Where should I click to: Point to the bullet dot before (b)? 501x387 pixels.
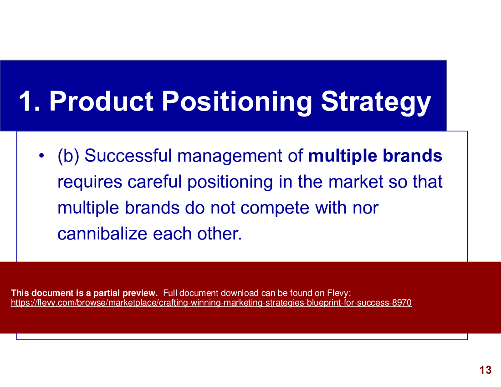tap(41, 156)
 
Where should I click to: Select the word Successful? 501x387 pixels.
tap(128, 156)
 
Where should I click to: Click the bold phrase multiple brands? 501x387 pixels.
tap(375, 156)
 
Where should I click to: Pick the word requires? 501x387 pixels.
tap(90, 182)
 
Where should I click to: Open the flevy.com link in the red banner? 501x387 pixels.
tap(211, 303)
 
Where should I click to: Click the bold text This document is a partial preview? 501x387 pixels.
tap(84, 293)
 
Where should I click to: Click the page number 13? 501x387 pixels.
tap(486, 370)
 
